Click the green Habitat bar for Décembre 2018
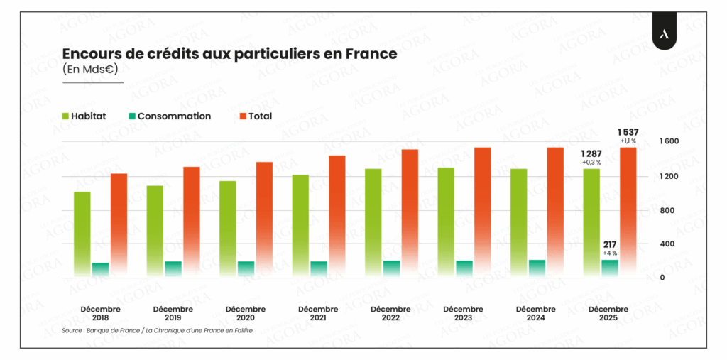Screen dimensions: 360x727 pos(82,234)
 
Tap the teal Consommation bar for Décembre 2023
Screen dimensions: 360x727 pos(464,269)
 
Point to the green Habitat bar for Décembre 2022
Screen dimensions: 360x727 pos(373,223)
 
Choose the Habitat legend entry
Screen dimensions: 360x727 pos(84,116)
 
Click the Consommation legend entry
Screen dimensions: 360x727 pos(169,116)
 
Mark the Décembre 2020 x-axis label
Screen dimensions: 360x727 pos(246,313)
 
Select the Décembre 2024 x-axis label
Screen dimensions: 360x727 pos(536,313)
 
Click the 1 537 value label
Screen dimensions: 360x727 pos(627,131)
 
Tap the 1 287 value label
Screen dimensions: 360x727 pos(591,153)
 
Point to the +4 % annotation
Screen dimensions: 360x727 pos(609,253)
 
